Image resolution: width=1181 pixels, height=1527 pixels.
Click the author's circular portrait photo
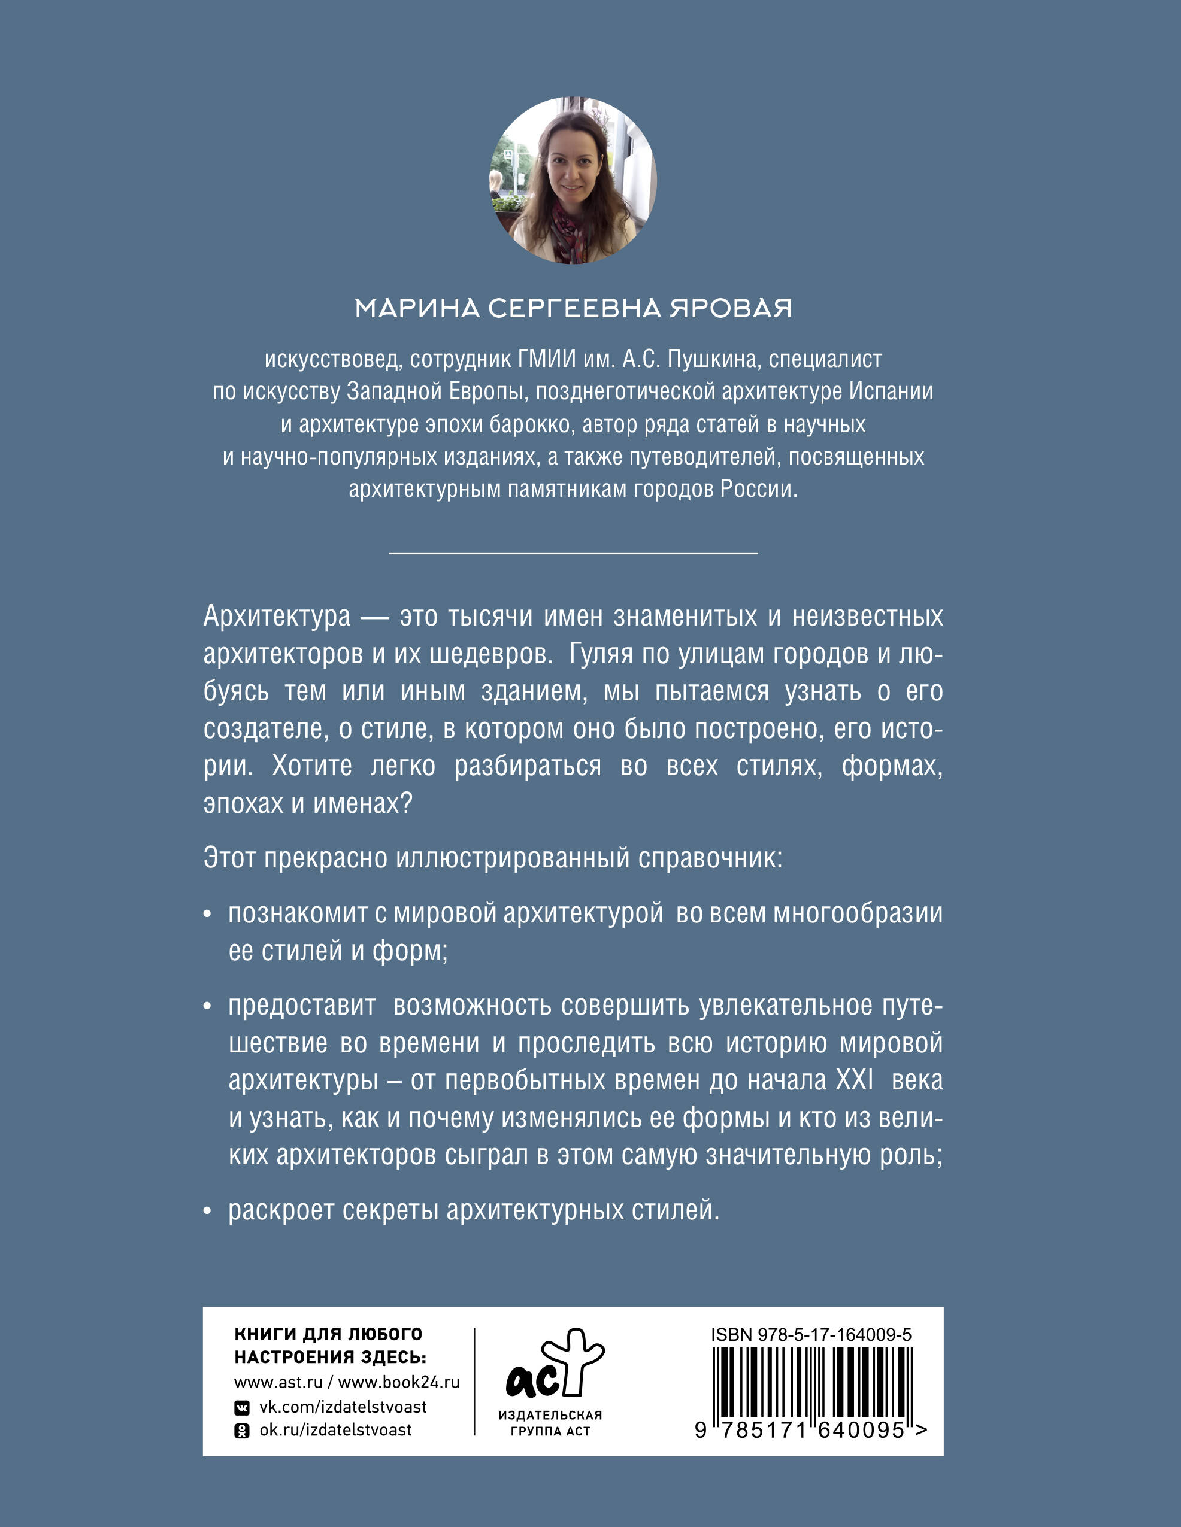pyautogui.click(x=573, y=180)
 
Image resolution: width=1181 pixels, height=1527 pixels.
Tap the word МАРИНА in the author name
pyautogui.click(x=417, y=308)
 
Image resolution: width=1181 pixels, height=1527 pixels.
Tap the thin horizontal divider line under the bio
pyautogui.click(x=573, y=553)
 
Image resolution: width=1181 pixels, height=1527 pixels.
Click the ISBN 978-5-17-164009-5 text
pyautogui.click(x=811, y=1334)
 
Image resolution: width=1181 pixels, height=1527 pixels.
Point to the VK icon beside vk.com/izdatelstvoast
pyautogui.click(x=241, y=1407)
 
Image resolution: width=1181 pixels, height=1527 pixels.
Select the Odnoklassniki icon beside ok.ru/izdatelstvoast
pyautogui.click(x=241, y=1431)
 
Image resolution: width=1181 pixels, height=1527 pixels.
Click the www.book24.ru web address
pyautogui.click(x=399, y=1382)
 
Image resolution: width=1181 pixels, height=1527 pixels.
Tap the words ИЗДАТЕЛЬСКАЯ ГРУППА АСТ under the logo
pyautogui.click(x=550, y=1423)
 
